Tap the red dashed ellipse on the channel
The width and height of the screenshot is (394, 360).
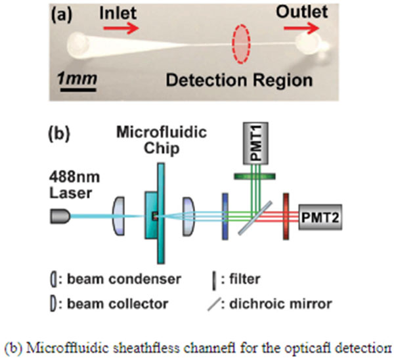point(242,44)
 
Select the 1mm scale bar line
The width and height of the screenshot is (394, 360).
point(77,91)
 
